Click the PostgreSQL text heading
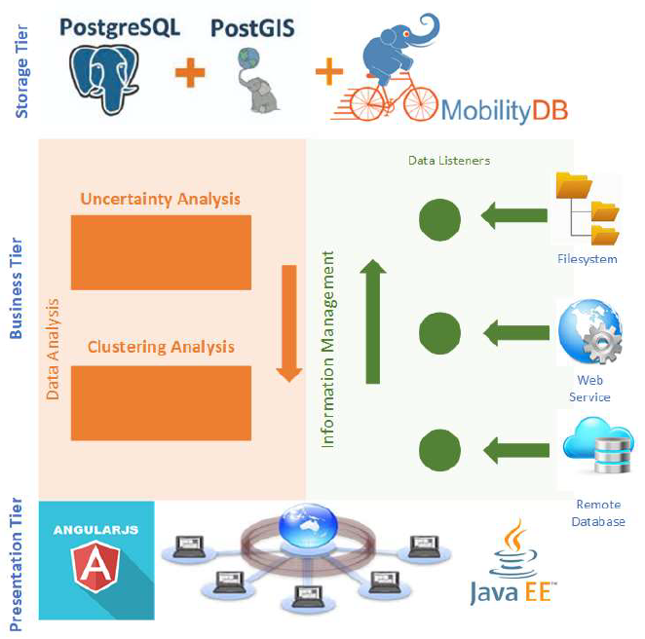tap(120, 26)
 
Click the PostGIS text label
tap(252, 27)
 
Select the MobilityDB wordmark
tap(504, 109)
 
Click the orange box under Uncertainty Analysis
tap(161, 252)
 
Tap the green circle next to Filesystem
tap(439, 219)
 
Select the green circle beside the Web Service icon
tap(439, 334)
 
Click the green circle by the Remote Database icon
tap(439, 450)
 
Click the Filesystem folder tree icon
tap(587, 208)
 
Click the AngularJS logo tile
tap(96, 560)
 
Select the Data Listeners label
tap(449, 160)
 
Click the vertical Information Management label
tap(328, 349)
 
